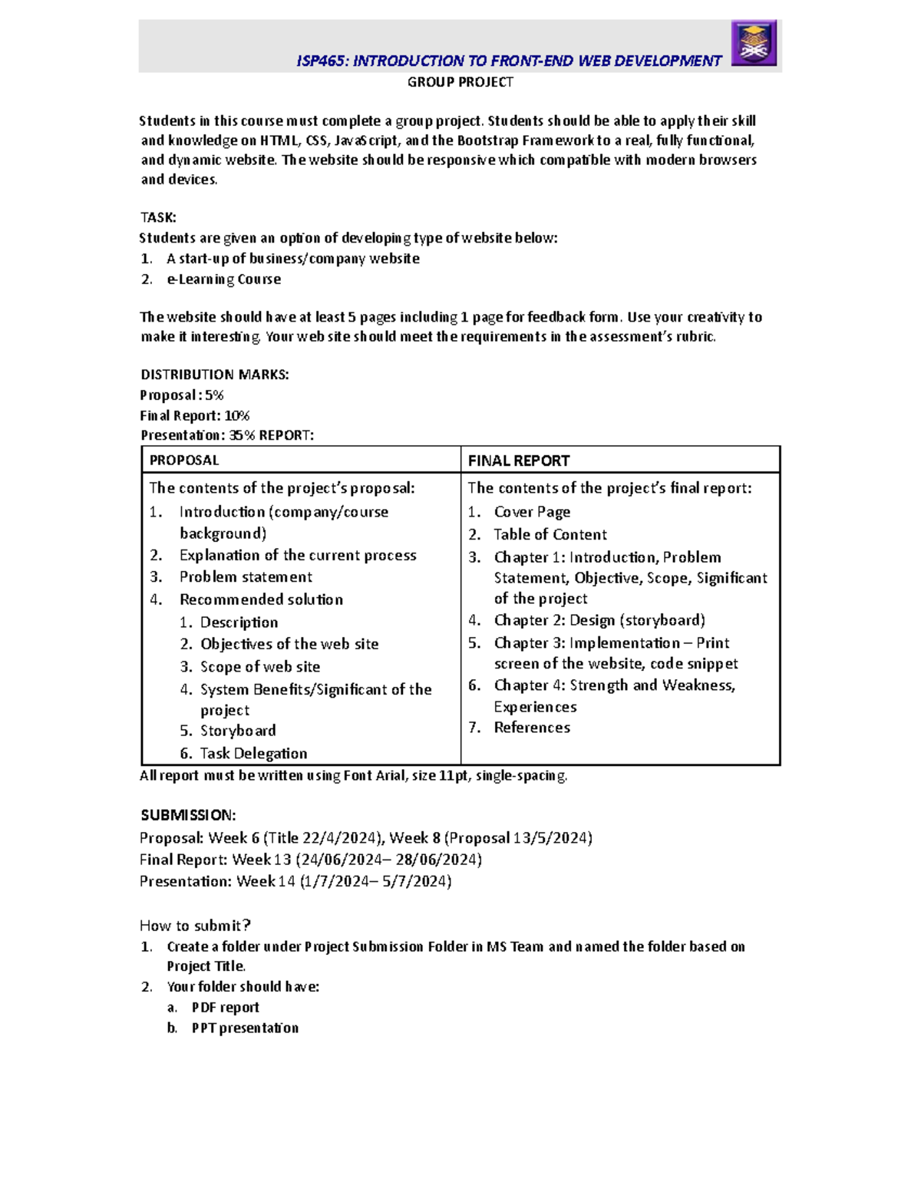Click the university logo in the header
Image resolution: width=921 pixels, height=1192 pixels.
point(754,43)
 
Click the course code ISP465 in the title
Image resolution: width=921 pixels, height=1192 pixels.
point(320,61)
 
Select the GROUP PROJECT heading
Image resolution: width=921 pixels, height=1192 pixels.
point(460,82)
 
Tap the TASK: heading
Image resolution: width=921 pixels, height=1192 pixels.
point(158,218)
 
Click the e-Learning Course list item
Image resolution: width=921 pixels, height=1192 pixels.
point(223,279)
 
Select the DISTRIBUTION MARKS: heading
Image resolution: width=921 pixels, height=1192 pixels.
point(214,375)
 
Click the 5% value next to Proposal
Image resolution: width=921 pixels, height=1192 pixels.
point(214,395)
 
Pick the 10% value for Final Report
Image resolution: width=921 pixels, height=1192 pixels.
point(237,416)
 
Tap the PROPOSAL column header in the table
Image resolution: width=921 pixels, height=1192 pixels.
point(184,461)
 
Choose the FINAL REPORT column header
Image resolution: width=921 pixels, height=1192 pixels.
point(519,461)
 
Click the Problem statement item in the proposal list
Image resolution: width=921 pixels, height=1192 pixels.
point(246,577)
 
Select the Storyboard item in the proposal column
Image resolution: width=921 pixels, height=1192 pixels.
point(238,731)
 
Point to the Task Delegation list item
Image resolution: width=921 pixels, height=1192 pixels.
point(253,754)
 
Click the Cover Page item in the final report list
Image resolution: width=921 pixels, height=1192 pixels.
point(532,512)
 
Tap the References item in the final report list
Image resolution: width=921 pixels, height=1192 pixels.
point(532,728)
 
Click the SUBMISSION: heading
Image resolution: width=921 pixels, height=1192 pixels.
point(188,815)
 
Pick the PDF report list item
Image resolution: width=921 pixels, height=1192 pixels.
point(225,1008)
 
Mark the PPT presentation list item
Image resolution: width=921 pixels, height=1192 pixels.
point(245,1029)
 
